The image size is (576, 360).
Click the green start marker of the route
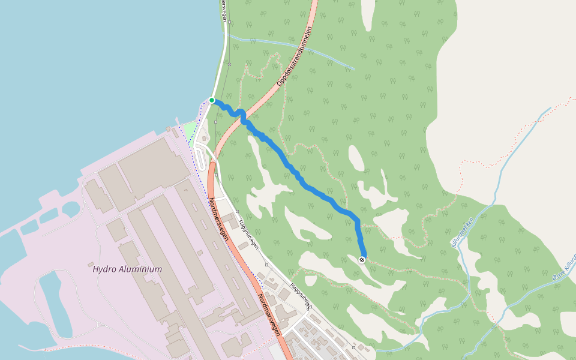tap(212, 100)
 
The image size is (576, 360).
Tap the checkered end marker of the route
tap(362, 259)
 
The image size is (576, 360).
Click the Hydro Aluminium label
tap(127, 269)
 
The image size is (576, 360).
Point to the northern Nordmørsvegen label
tap(218, 219)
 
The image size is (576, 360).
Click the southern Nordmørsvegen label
tap(269, 314)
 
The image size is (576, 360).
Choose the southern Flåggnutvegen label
tap(301, 296)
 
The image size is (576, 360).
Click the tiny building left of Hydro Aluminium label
tap(91, 265)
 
